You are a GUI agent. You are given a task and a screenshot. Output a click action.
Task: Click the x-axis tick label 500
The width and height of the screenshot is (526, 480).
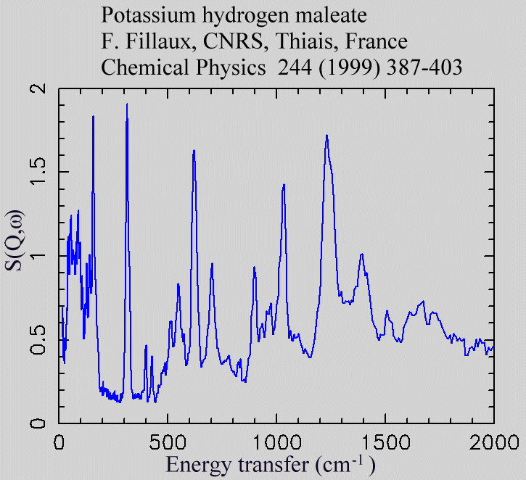168,441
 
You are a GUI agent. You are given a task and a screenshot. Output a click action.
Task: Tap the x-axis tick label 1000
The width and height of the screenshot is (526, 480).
276,441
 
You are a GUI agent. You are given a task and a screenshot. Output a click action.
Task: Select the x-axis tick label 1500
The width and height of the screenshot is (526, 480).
385,441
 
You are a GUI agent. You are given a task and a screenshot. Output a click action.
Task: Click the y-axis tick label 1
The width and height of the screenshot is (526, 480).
41,256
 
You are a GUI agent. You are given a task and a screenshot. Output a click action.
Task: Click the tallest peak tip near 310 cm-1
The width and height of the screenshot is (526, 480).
127,104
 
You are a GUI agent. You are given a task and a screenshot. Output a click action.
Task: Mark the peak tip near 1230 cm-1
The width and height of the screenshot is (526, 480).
326,135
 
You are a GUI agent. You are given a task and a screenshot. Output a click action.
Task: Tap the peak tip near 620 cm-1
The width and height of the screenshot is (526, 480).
194,150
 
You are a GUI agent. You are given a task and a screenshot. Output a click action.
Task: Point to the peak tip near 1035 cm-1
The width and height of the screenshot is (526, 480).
284,184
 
